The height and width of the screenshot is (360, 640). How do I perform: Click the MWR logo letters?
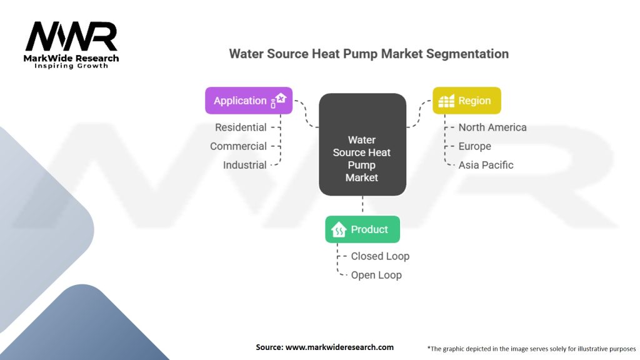click(x=71, y=36)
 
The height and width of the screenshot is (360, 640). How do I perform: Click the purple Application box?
click(x=249, y=101)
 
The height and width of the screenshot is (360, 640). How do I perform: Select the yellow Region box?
click(x=466, y=101)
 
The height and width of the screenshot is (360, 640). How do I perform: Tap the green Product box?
click(x=362, y=229)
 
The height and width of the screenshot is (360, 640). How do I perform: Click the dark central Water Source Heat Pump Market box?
click(x=362, y=144)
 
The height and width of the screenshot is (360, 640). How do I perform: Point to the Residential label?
click(x=241, y=127)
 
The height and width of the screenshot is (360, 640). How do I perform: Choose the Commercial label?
click(x=238, y=146)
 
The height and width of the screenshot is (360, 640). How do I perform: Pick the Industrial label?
click(x=245, y=165)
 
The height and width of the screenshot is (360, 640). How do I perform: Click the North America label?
click(x=492, y=127)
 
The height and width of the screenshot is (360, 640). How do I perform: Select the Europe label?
click(x=475, y=146)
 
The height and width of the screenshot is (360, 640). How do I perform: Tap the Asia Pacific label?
click(x=486, y=165)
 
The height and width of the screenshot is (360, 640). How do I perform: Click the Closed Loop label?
click(x=380, y=256)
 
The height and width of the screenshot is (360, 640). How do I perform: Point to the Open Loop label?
click(x=376, y=275)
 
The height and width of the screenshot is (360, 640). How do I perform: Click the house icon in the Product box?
click(x=339, y=230)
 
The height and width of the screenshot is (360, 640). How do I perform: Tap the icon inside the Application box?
click(x=279, y=101)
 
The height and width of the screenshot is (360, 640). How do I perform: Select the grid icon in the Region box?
click(x=446, y=101)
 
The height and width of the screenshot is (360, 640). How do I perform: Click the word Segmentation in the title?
click(x=467, y=54)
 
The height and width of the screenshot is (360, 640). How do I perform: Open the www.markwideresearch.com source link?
click(x=339, y=347)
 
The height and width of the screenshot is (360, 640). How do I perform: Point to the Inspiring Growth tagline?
click(x=71, y=66)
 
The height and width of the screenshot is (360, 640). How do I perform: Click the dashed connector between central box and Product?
click(x=362, y=204)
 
